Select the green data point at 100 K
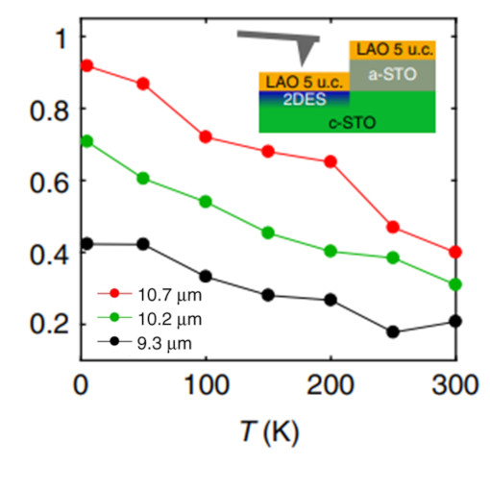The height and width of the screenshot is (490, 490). (205, 202)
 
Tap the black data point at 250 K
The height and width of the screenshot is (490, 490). (393, 331)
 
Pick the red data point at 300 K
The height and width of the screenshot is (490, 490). (455, 252)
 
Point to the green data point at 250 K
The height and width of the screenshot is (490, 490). (393, 257)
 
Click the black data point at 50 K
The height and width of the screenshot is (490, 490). (143, 244)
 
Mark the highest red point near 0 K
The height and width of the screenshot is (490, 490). (87, 65)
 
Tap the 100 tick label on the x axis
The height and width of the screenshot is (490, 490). (205, 387)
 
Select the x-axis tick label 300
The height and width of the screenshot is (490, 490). (455, 387)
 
